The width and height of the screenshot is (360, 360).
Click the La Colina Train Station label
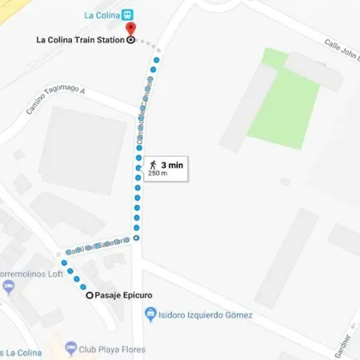pos(80,40)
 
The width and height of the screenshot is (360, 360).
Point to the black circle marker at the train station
pos(132,41)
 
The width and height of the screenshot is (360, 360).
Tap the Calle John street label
pos(342,52)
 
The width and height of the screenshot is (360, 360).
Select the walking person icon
pos(152,163)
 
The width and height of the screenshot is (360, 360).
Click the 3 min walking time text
pos(173,163)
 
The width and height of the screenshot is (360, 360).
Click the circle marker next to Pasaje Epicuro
pos(89,296)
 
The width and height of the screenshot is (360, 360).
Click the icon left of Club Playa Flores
pos(70,349)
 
